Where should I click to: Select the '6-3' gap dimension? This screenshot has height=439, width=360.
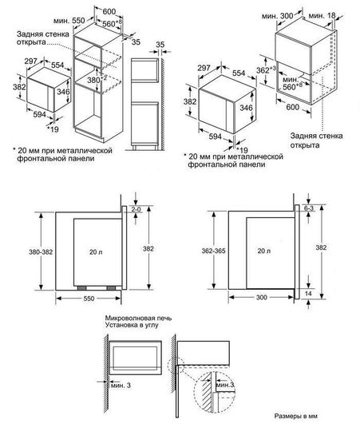308,208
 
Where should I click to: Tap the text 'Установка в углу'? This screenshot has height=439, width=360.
129,327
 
